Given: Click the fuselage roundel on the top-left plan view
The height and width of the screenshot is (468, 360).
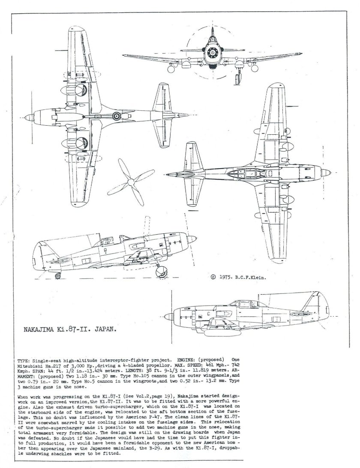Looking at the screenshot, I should point(117,115).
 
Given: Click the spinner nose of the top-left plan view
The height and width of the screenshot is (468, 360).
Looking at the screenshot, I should point(27,117).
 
